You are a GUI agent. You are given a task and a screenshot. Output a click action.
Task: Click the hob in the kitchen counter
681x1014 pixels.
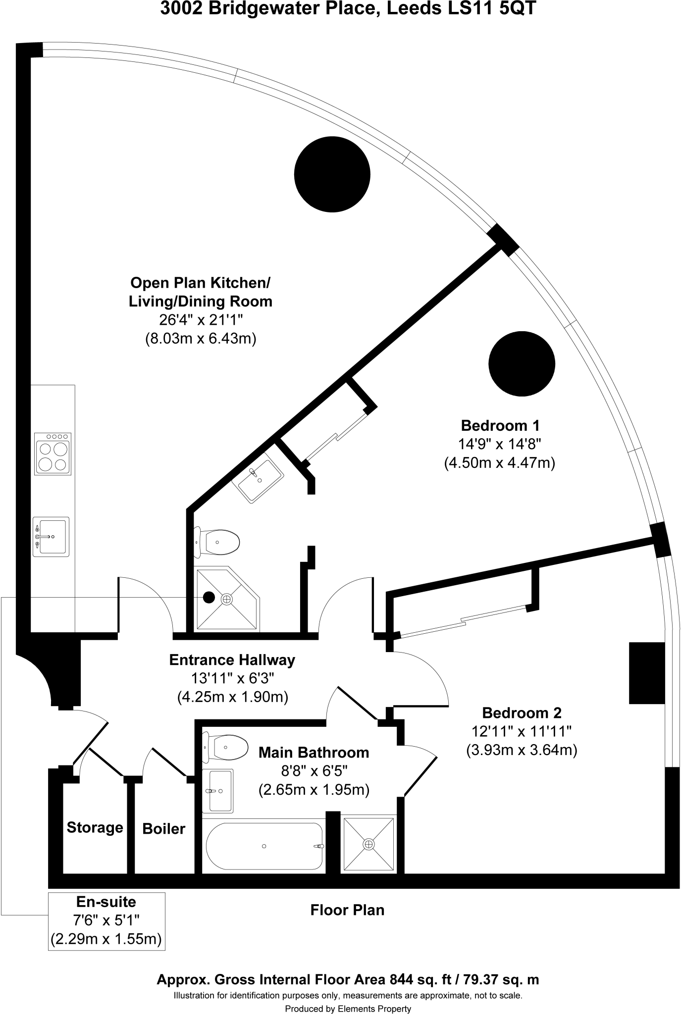click(x=52, y=454)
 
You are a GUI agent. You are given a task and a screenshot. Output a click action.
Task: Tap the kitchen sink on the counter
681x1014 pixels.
click(x=51, y=537)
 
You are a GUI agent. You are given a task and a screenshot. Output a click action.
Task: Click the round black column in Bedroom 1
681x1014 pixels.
click(x=522, y=364)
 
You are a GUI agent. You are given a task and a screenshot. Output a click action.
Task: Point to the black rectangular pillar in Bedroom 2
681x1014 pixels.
click(x=646, y=673)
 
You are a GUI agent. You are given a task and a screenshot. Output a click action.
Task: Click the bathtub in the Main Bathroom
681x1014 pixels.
click(x=264, y=846)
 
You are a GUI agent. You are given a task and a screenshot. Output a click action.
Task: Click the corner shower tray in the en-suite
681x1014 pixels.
click(x=225, y=599)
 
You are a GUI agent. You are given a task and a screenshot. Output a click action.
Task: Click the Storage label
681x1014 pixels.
click(x=95, y=827)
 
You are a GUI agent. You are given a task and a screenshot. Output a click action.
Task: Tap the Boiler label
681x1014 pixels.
click(x=164, y=828)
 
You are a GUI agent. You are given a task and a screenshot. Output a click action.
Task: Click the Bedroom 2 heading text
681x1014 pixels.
click(x=522, y=713)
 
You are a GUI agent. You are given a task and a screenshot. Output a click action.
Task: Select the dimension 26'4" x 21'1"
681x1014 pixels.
click(x=201, y=320)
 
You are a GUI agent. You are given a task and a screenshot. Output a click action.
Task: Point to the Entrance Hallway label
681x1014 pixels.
click(x=232, y=660)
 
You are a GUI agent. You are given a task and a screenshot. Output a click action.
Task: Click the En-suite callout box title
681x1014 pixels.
click(x=106, y=902)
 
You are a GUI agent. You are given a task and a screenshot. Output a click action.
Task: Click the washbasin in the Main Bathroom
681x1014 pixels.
click(x=217, y=791)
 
